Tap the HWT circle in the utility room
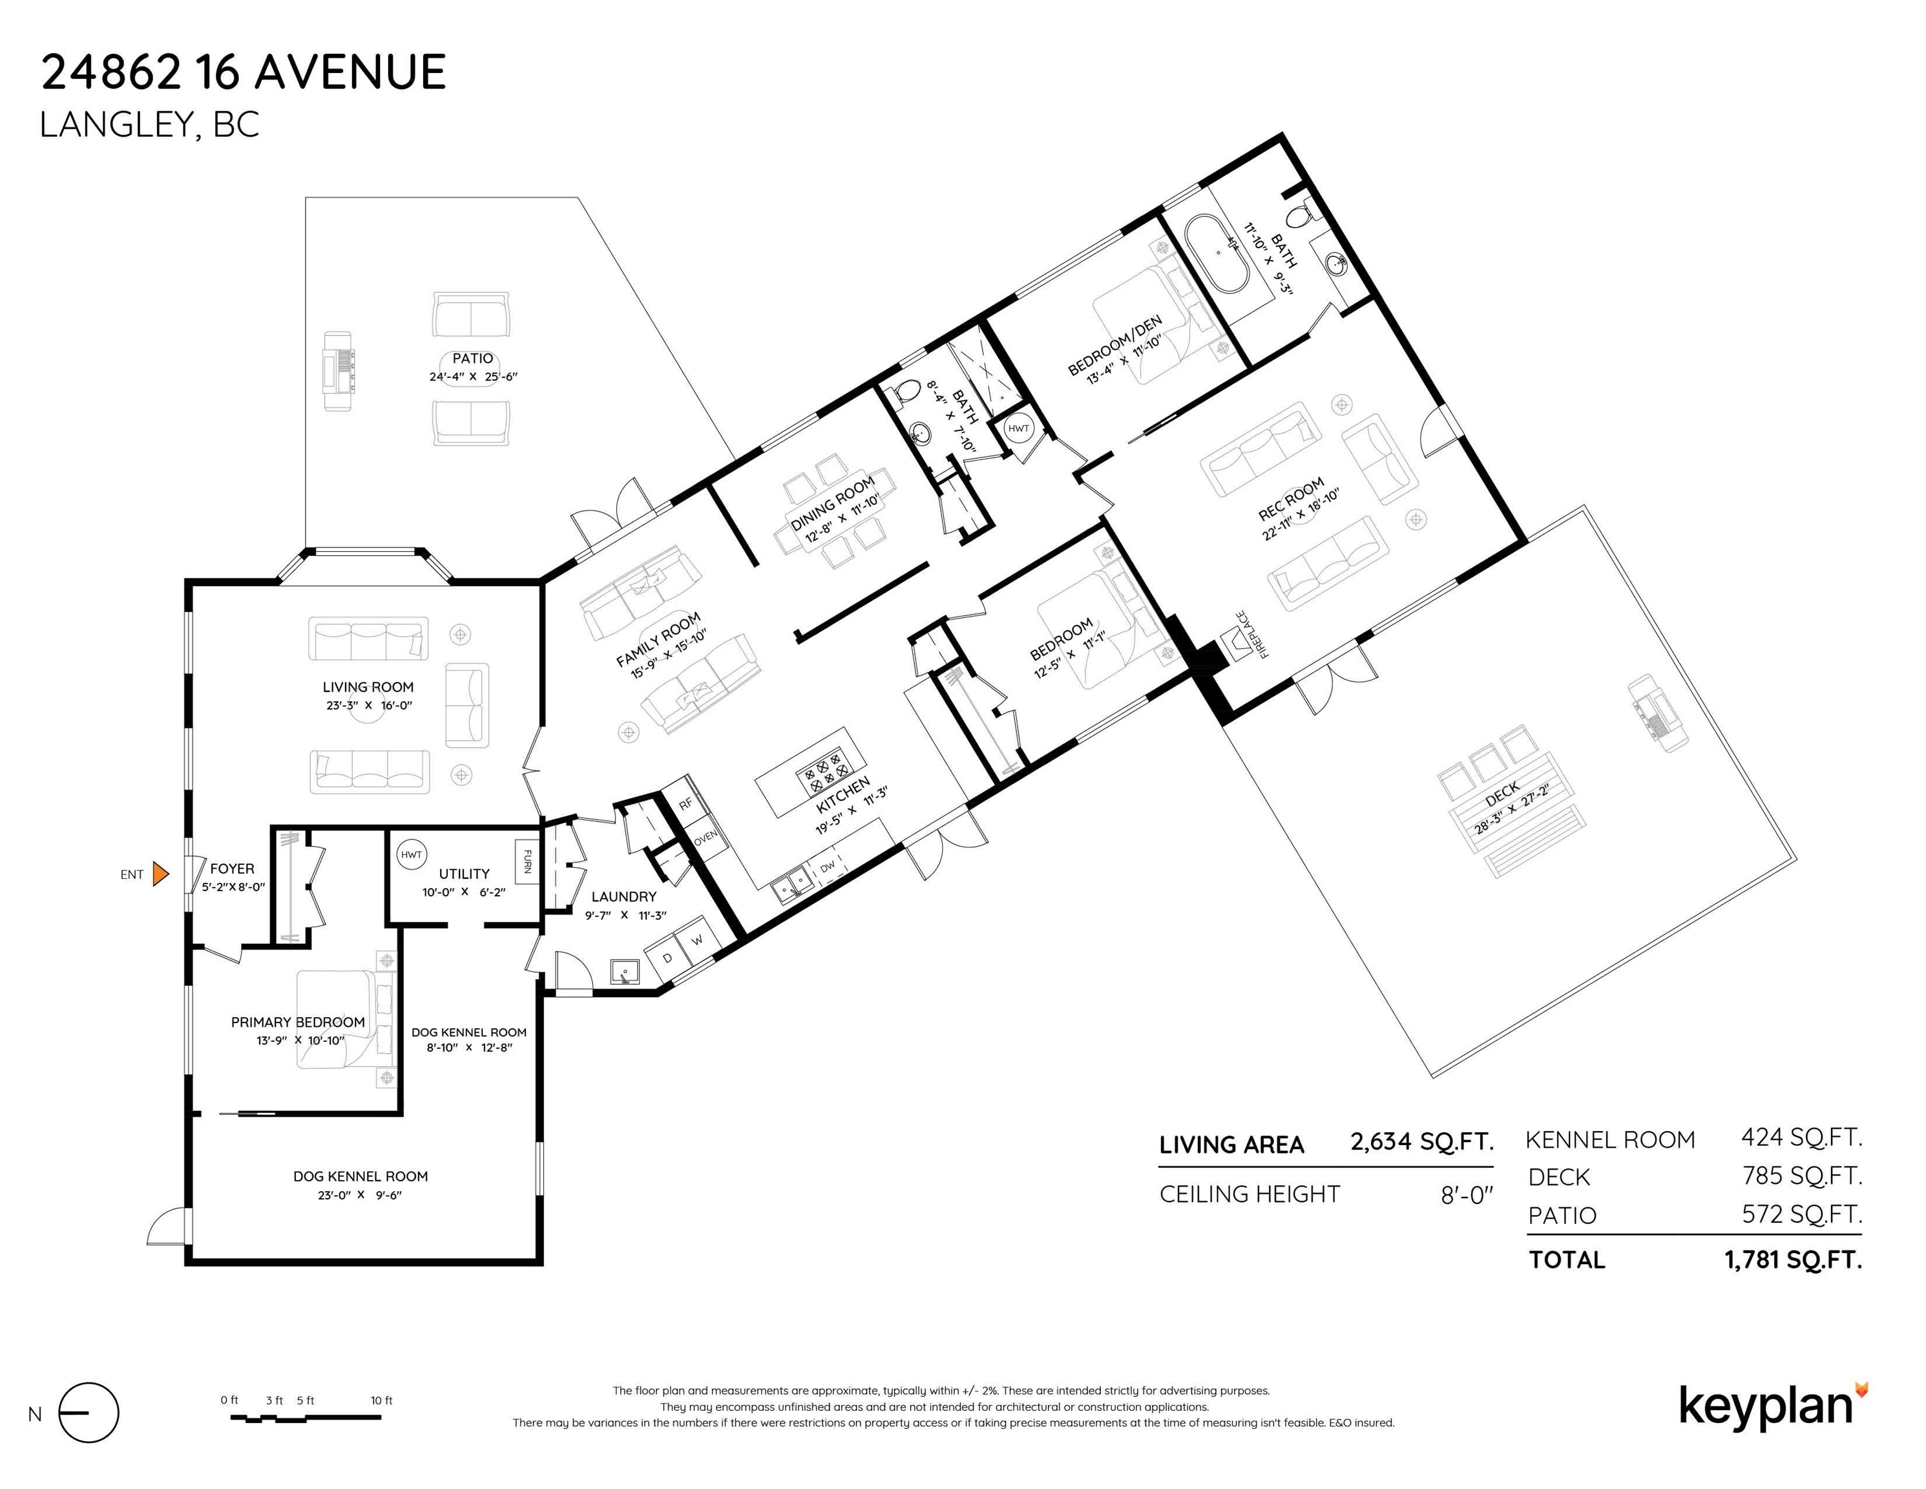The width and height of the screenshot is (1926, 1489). tap(412, 854)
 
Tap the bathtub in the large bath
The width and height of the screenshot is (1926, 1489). tap(1218, 253)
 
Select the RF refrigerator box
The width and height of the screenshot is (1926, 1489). tap(686, 803)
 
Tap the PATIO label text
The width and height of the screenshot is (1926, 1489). tap(473, 358)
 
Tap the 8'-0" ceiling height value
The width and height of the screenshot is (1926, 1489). tap(1467, 1195)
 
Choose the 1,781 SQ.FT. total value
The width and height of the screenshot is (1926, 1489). tap(1793, 1260)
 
